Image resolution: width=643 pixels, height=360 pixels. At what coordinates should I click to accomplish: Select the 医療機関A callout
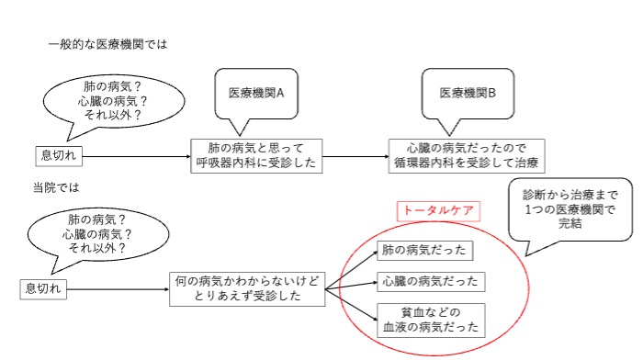[x=255, y=93]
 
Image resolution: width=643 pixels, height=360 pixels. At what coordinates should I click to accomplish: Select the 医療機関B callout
[x=468, y=93]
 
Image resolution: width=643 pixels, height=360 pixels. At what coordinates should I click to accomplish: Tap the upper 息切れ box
[x=59, y=155]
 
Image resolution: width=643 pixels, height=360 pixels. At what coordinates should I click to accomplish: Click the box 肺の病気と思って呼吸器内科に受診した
[x=255, y=155]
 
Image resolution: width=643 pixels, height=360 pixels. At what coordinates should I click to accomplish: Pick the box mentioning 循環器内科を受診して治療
[x=466, y=155]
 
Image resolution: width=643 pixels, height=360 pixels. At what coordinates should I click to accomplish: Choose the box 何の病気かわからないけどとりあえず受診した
[x=248, y=288]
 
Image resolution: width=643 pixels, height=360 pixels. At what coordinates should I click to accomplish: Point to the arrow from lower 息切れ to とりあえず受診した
[x=119, y=289]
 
